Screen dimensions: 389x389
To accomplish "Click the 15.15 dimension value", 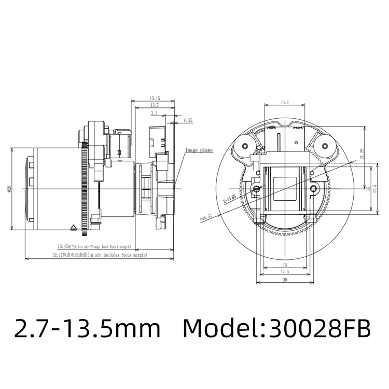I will click(x=154, y=98).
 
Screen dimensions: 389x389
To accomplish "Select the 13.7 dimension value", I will click(x=154, y=105).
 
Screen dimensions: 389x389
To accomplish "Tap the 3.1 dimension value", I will click(x=154, y=113).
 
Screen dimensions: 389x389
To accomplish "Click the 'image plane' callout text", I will click(x=200, y=150).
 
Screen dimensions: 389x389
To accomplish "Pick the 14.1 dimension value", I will click(x=284, y=103).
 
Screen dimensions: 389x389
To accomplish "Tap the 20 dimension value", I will click(x=284, y=280).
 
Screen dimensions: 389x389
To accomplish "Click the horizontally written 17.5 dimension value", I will click(x=284, y=272).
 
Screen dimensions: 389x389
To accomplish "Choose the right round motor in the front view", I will click(x=325, y=147).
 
